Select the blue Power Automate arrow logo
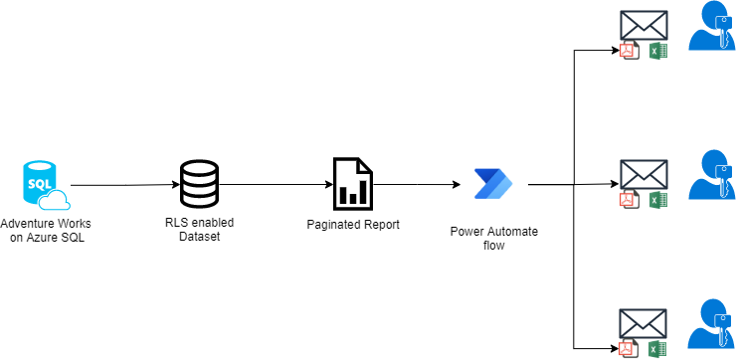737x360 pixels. [x=493, y=183]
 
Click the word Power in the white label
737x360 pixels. [x=466, y=232]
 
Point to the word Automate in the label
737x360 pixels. [x=511, y=232]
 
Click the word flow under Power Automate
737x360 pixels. [x=494, y=245]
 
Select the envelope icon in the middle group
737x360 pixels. [x=643, y=175]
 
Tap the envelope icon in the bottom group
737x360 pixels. [x=643, y=323]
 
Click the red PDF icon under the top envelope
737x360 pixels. [x=628, y=51]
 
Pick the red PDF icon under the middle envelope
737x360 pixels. [x=628, y=200]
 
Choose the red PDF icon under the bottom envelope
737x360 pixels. [x=628, y=348]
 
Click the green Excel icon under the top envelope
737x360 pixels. [x=656, y=51]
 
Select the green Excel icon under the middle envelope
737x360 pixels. [x=656, y=200]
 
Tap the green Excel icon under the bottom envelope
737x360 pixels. [x=656, y=348]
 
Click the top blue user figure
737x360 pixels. [x=712, y=28]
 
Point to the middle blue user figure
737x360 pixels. [x=712, y=177]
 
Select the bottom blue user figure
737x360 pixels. [x=712, y=325]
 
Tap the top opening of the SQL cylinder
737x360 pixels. [x=38, y=166]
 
